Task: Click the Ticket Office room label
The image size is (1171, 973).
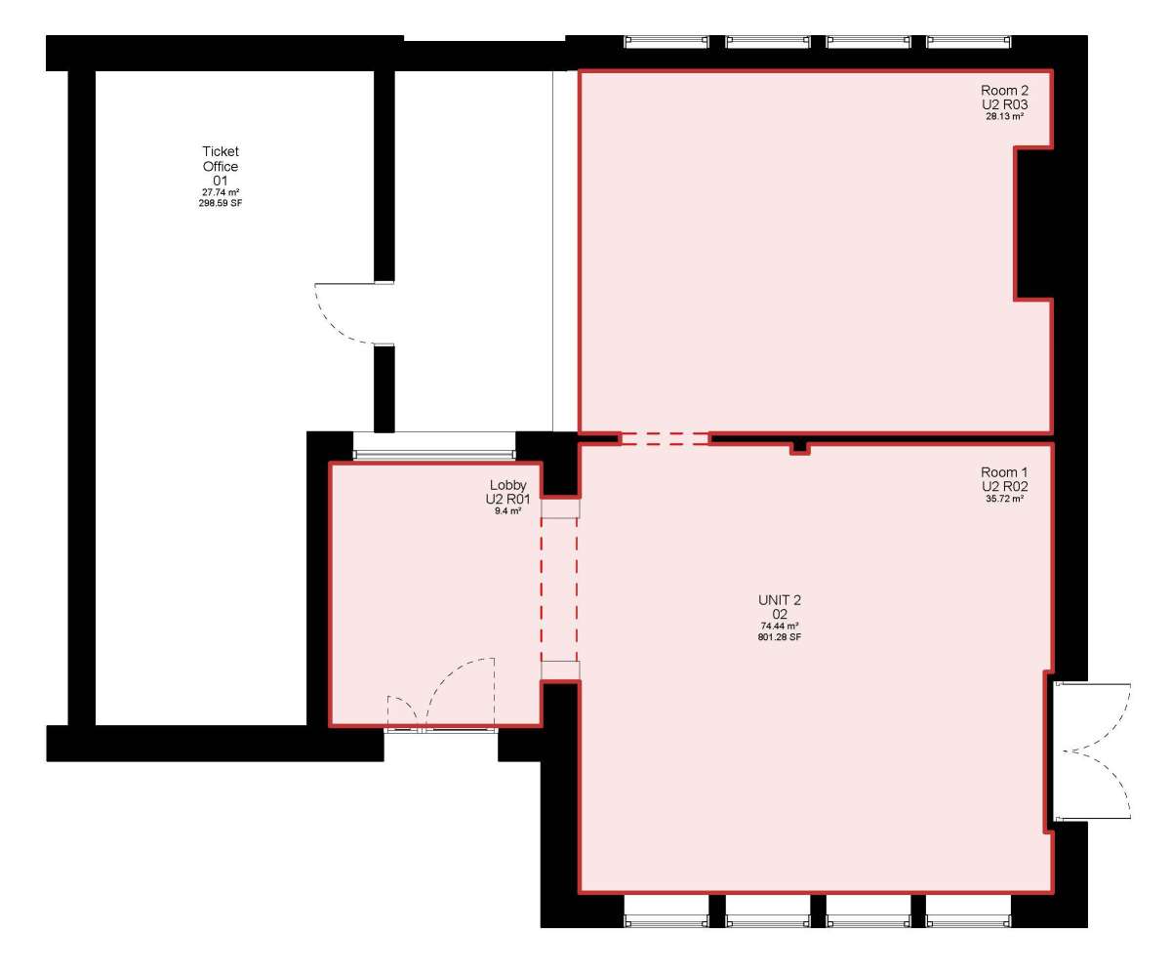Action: pyautogui.click(x=221, y=159)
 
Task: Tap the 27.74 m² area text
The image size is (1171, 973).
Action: pyautogui.click(x=221, y=192)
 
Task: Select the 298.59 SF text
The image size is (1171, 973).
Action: pyautogui.click(x=221, y=203)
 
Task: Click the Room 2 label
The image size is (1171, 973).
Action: pyautogui.click(x=1004, y=90)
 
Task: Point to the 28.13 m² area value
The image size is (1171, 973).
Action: pyautogui.click(x=1004, y=117)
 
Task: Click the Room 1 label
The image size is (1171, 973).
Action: pyautogui.click(x=1004, y=472)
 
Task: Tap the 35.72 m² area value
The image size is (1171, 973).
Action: pyautogui.click(x=1004, y=499)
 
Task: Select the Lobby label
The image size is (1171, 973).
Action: pyautogui.click(x=508, y=485)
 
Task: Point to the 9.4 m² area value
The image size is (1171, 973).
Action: pyautogui.click(x=508, y=510)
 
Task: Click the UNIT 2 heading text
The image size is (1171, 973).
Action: pyautogui.click(x=780, y=600)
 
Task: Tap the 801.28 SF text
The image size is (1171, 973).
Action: pyautogui.click(x=780, y=637)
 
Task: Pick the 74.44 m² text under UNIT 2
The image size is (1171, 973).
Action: pyautogui.click(x=780, y=626)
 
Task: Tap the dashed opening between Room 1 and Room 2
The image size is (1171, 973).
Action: pyautogui.click(x=666, y=438)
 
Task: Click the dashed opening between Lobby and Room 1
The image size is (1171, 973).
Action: pyautogui.click(x=559, y=590)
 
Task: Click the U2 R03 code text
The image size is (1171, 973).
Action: pyautogui.click(x=1004, y=104)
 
